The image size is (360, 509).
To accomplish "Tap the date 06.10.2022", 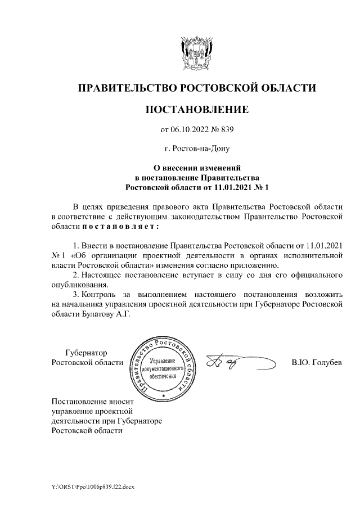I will tap(193, 130).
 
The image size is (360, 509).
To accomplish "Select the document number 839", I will tap(226, 130).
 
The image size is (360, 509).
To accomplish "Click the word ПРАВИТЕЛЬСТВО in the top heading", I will tap(126, 88).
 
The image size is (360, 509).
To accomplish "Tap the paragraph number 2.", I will tap(76, 274).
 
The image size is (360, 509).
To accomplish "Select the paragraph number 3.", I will tap(76, 294).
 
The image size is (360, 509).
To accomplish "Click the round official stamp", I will tap(164, 366).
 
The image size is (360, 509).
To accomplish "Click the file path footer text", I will tap(90, 485).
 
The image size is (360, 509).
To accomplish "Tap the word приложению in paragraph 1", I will tap(259, 265).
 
